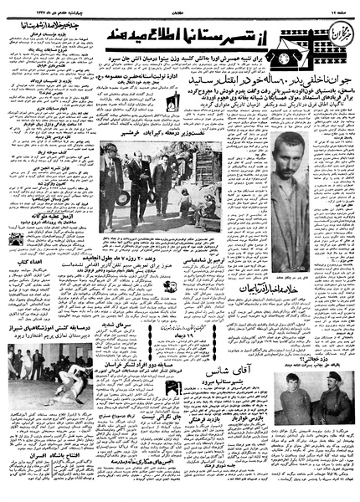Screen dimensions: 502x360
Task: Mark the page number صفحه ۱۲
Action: tap(339, 7)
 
